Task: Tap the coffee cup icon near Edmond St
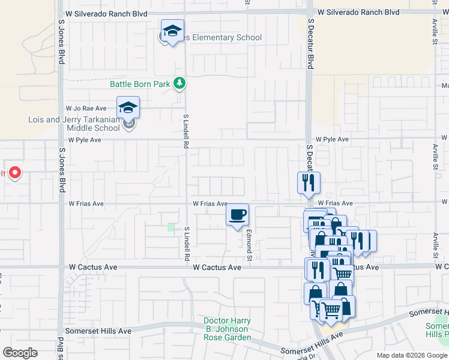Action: [x=237, y=214]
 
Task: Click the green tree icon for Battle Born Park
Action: [x=179, y=83]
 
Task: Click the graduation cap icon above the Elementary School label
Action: [x=172, y=31]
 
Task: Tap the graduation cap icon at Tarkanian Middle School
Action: [x=128, y=107]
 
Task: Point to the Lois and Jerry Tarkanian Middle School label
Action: [x=74, y=124]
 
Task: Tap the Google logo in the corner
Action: [x=20, y=353]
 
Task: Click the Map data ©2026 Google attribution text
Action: [x=411, y=355]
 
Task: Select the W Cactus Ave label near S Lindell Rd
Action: [x=217, y=267]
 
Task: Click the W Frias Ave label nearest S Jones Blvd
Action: [x=86, y=204]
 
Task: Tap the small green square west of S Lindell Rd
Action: [x=172, y=227]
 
